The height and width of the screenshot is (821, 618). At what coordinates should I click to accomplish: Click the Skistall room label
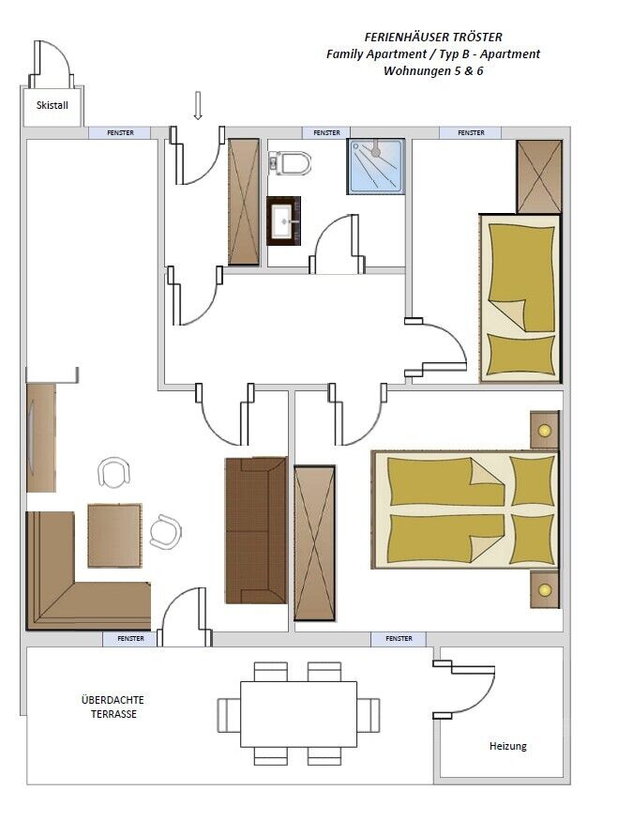53,105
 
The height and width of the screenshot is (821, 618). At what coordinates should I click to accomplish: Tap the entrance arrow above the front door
197,105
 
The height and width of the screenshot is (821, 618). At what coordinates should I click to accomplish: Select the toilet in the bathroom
290,163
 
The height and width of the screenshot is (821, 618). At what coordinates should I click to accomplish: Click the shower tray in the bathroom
376,166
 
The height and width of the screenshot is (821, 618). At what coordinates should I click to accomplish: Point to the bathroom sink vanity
283,220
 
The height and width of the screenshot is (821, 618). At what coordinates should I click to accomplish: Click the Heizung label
507,746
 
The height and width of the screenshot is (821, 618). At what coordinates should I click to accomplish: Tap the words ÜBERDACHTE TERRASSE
113,707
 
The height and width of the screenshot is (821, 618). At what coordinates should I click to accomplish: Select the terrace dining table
299,714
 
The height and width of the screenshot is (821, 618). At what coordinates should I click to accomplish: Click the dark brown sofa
256,530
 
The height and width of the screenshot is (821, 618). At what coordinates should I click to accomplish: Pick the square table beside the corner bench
114,536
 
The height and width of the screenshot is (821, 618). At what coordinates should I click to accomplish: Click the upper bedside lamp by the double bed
544,431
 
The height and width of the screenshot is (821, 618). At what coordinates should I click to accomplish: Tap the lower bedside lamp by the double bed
544,589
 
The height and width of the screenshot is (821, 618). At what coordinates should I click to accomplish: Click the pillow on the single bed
520,355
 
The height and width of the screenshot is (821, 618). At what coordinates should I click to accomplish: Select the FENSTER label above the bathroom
326,133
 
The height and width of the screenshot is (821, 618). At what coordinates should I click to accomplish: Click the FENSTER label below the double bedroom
399,639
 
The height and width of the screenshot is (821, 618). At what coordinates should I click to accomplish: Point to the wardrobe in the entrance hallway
244,202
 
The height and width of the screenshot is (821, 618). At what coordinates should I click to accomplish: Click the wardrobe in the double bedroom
314,543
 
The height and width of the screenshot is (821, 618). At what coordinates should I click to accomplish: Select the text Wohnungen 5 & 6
433,70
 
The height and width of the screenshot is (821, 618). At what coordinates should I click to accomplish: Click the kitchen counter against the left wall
41,438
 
